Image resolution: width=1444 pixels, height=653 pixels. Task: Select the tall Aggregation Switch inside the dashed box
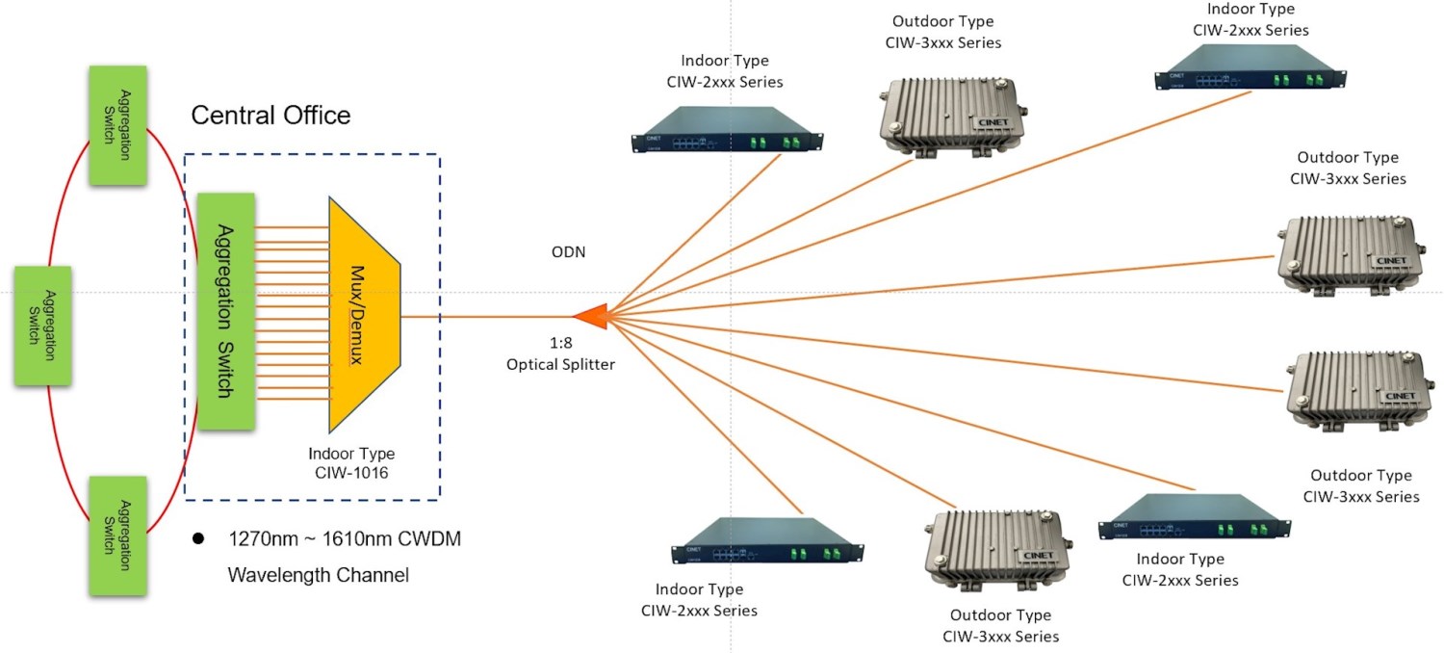tap(225, 311)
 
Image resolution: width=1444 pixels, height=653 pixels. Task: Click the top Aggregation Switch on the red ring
tap(117, 124)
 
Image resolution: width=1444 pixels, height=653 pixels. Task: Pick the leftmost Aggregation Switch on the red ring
tap(42, 326)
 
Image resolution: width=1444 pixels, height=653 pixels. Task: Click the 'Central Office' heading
tap(271, 117)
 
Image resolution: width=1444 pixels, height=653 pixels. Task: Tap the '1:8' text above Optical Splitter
tap(560, 342)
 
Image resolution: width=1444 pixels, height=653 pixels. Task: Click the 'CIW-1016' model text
tap(351, 474)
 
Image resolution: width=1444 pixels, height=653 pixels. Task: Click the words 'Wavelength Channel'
tap(318, 576)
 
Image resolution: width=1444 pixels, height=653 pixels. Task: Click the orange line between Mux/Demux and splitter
tap(486, 315)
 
